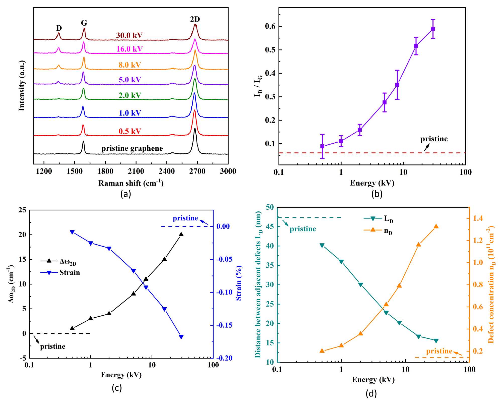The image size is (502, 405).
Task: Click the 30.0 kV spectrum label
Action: tap(129, 35)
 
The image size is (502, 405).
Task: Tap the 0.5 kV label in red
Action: tap(130, 131)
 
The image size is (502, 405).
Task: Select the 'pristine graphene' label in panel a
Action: tap(132, 148)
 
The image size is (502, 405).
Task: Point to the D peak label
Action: tap(59, 28)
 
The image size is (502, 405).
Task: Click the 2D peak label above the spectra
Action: tap(195, 19)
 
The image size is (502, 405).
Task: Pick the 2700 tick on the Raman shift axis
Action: tap(198, 171)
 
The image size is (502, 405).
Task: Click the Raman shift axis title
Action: tap(131, 183)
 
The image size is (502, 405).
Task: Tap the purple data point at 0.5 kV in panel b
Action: tap(322, 146)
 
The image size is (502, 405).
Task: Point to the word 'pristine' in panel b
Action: tap(434, 139)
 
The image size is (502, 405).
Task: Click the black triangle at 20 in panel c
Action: tap(181, 235)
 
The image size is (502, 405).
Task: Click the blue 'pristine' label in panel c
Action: tap(185, 218)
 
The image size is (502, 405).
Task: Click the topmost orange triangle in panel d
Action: tap(436, 226)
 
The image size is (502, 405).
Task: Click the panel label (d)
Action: tap(371, 393)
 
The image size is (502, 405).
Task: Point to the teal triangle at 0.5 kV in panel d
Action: tap(322, 245)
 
